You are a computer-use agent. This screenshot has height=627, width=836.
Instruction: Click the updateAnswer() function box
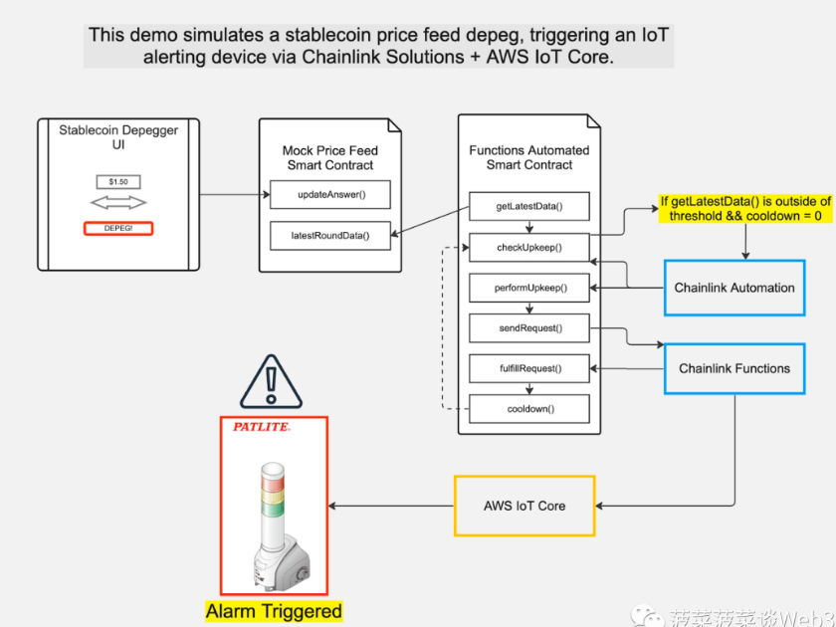point(330,194)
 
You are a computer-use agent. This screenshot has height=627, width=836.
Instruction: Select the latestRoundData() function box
point(330,236)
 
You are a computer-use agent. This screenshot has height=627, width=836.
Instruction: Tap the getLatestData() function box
point(529,207)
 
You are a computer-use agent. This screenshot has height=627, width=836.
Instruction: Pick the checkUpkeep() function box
point(529,247)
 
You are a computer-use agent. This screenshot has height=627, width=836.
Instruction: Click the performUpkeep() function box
point(529,288)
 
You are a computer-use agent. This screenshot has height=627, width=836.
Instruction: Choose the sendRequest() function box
point(529,327)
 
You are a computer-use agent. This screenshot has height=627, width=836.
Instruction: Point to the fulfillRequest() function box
point(529,368)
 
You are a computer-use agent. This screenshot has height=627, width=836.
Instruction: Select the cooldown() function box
point(529,408)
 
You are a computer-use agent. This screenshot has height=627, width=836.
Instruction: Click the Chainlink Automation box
point(734,288)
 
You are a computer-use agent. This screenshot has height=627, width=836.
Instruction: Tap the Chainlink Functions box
point(734,368)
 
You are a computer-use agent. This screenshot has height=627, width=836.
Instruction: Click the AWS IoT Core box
point(524,506)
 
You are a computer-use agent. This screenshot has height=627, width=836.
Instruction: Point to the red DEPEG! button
point(118,228)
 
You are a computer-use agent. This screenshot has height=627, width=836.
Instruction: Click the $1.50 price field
point(118,182)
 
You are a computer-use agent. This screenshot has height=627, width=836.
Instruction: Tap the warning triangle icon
point(271,382)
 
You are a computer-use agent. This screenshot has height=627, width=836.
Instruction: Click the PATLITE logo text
point(261,427)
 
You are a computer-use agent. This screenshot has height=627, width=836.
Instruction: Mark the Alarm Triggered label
point(274,611)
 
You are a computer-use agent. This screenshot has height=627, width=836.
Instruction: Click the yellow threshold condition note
point(745,208)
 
